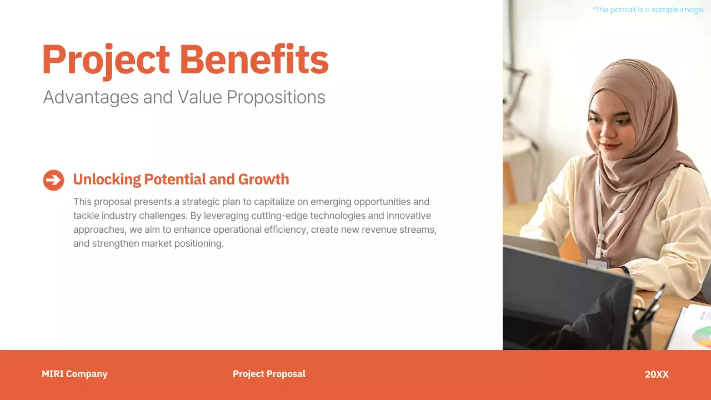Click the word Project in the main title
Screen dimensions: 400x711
(106, 60)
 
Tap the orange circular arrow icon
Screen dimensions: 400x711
(53, 180)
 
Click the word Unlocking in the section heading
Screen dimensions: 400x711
(107, 179)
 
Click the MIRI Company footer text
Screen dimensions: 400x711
(74, 374)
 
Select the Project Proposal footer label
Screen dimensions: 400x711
(269, 374)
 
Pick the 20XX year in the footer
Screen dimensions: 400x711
(657, 374)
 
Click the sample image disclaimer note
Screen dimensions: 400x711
(648, 9)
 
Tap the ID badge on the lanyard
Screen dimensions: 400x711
(597, 263)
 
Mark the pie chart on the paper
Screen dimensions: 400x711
(703, 336)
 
